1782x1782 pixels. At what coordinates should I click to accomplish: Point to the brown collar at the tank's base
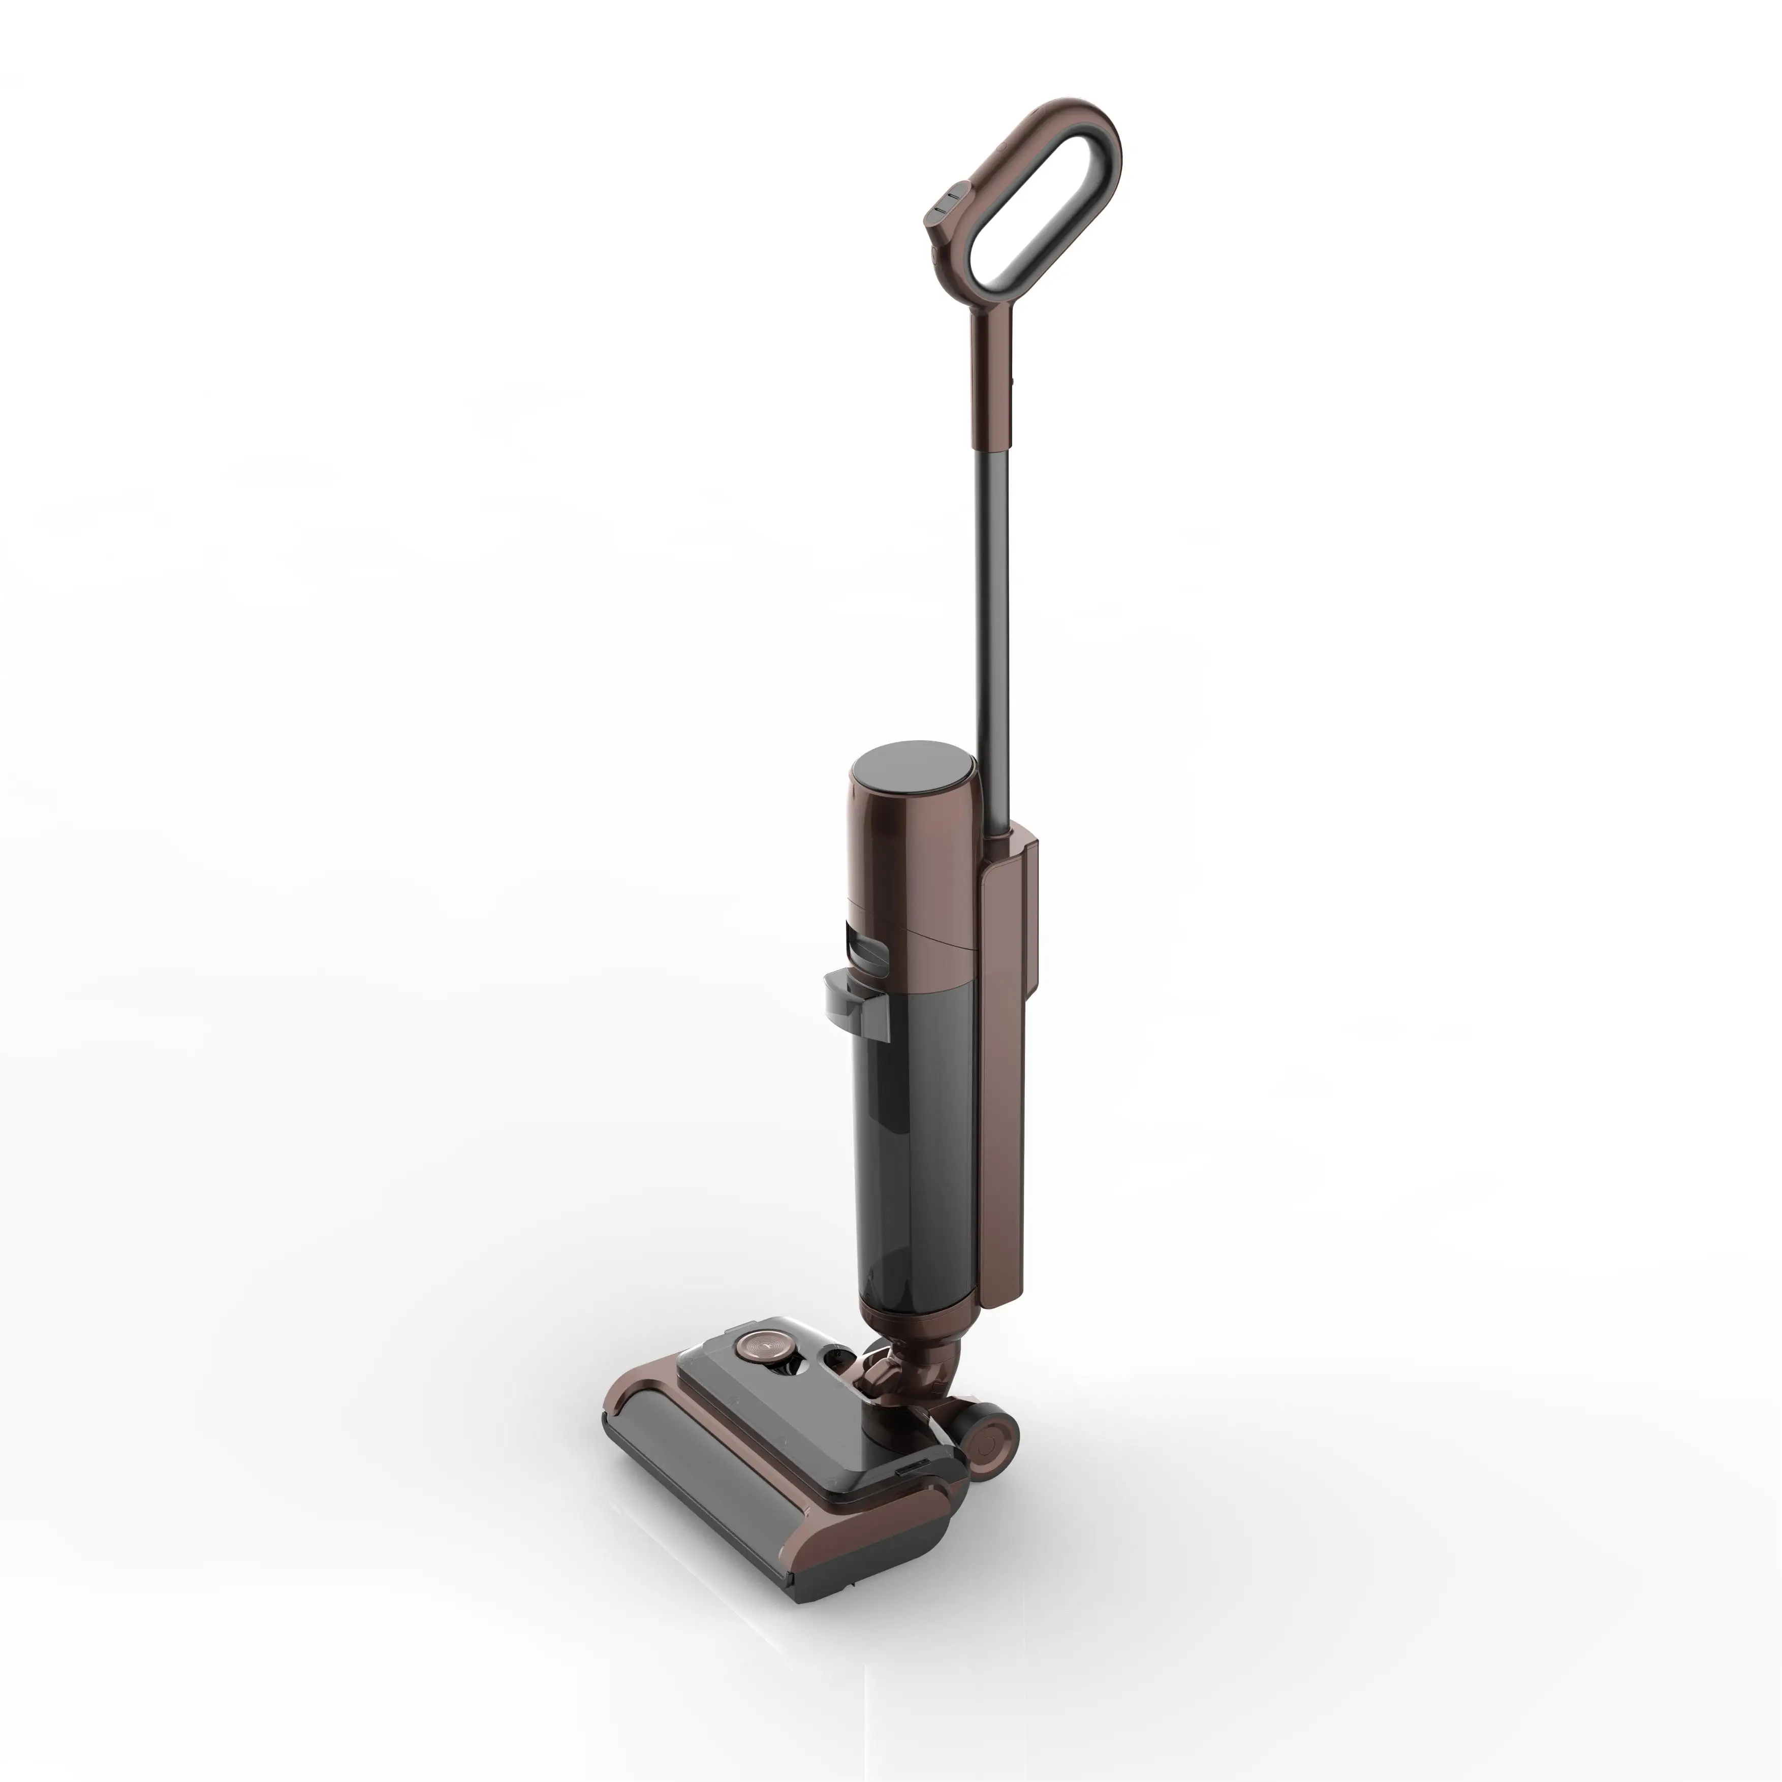913,1319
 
